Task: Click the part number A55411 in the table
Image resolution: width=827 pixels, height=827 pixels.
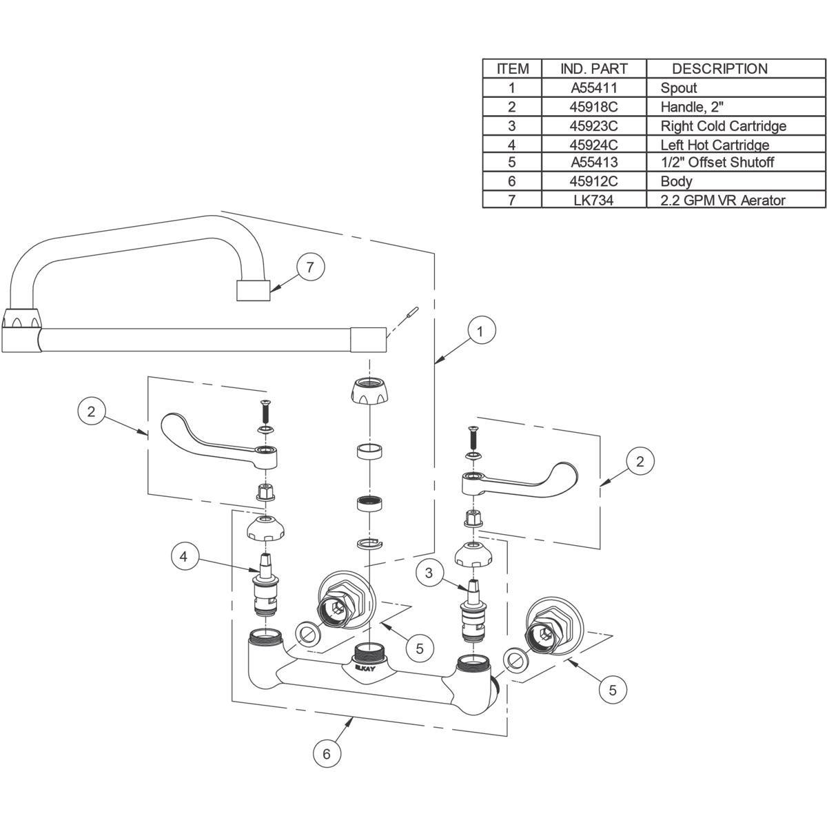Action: click(x=594, y=88)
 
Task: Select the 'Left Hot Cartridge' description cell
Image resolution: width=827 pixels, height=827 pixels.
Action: click(x=715, y=145)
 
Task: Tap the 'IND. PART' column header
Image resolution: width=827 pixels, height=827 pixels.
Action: click(x=594, y=69)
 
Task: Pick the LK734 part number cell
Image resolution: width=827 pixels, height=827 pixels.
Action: click(x=594, y=200)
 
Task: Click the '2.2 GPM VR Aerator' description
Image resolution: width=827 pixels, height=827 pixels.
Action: click(x=723, y=200)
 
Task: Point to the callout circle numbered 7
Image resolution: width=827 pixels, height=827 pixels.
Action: click(x=310, y=267)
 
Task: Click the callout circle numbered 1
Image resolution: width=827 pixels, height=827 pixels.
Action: click(x=481, y=331)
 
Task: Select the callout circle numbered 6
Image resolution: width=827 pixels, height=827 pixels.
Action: click(x=327, y=753)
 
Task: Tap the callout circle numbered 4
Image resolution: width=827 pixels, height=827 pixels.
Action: click(x=184, y=556)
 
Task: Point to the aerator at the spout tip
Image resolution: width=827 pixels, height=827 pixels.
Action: click(x=252, y=290)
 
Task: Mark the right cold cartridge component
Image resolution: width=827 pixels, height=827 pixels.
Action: click(x=473, y=606)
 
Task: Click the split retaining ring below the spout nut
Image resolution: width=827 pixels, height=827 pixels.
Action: click(x=370, y=544)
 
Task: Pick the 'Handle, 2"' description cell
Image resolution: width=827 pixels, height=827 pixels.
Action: click(x=692, y=107)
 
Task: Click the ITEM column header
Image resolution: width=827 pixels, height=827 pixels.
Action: click(x=513, y=69)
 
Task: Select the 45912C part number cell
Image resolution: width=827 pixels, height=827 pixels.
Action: click(x=594, y=181)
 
